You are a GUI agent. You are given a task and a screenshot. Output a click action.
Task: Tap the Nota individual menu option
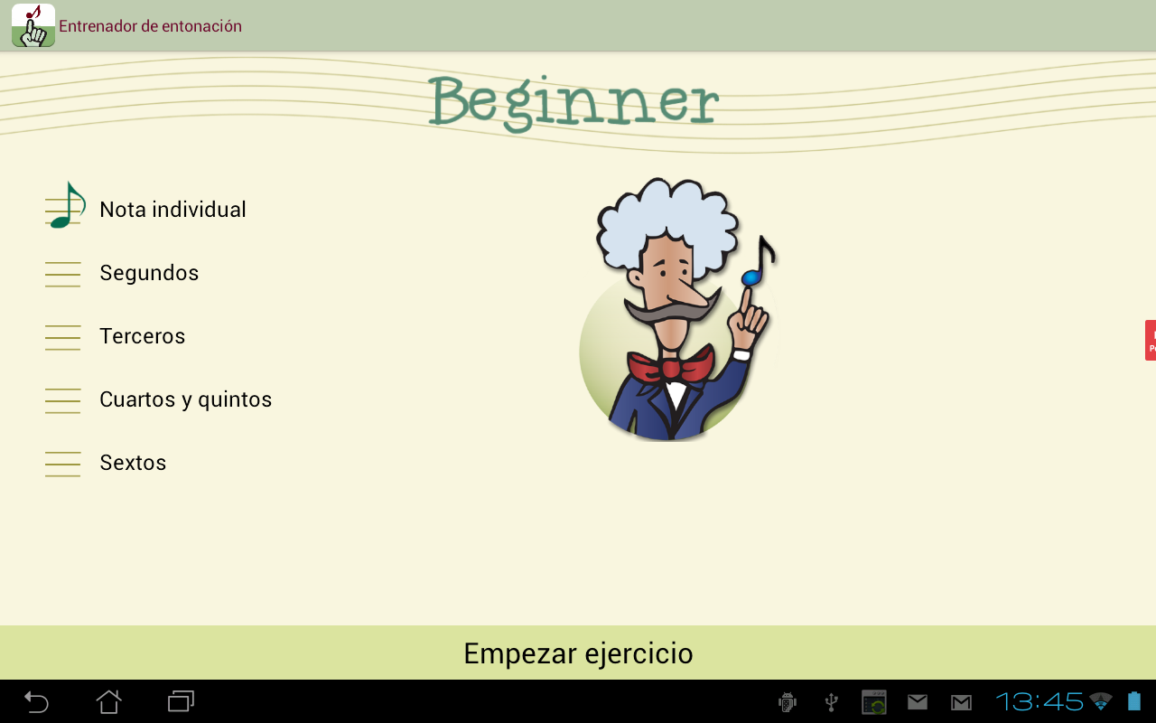coord(172,210)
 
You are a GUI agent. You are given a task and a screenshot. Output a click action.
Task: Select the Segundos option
coord(149,273)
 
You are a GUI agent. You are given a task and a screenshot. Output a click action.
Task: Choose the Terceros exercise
coord(142,336)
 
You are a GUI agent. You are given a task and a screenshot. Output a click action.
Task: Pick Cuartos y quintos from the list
coord(185,399)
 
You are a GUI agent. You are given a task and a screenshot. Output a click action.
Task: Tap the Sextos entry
coord(133,463)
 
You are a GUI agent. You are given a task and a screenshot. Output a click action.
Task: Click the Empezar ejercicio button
coord(578,653)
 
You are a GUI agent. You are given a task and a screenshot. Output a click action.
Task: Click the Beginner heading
coord(573,102)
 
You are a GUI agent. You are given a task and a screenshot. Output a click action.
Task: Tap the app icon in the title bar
coord(33,25)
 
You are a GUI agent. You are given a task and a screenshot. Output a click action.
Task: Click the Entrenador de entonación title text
coord(150,26)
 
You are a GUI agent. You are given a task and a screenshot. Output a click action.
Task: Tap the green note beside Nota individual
coord(67,205)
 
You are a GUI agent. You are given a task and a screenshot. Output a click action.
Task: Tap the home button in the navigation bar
coord(109,702)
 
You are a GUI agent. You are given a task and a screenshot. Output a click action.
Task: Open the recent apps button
coord(182,702)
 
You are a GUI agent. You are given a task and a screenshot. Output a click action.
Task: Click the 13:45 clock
coord(1039,702)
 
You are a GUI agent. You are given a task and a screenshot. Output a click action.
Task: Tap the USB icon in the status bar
coord(831,702)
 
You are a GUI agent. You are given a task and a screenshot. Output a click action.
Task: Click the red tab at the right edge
coord(1151,341)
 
